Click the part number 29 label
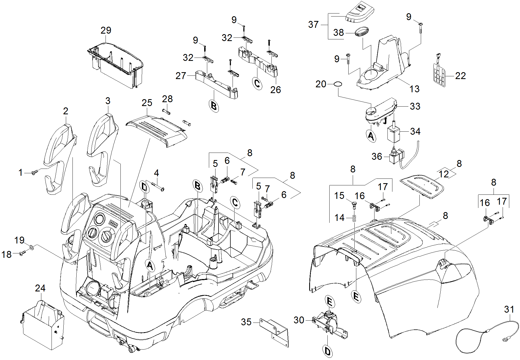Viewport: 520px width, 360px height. coord(106,30)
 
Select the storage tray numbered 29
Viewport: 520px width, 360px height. coord(116,66)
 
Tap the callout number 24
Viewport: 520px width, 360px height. coord(40,288)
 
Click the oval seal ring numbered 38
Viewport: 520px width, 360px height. coord(361,31)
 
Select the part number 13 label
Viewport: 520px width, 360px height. coord(414,89)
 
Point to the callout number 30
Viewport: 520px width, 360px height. coord(299,320)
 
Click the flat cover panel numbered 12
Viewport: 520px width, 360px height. coord(422,186)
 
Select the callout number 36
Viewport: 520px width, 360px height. coord(377,156)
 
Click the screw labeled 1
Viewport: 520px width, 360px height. coord(34,173)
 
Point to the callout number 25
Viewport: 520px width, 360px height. coord(147,103)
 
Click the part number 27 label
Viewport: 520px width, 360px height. coord(181,76)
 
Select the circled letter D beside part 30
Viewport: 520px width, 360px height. coord(327,351)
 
